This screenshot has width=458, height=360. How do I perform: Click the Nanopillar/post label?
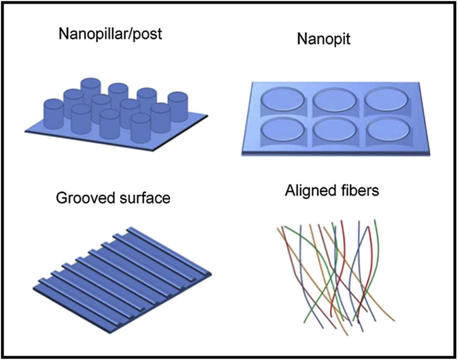[110, 34]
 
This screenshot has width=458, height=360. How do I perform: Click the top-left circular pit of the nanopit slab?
[280, 99]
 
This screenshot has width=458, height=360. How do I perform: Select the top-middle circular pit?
[333, 100]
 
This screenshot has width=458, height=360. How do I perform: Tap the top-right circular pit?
[386, 100]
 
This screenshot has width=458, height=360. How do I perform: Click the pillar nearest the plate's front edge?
[140, 127]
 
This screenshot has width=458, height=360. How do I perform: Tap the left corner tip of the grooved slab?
[34, 288]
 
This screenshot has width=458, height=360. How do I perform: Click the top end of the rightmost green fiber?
[375, 220]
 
